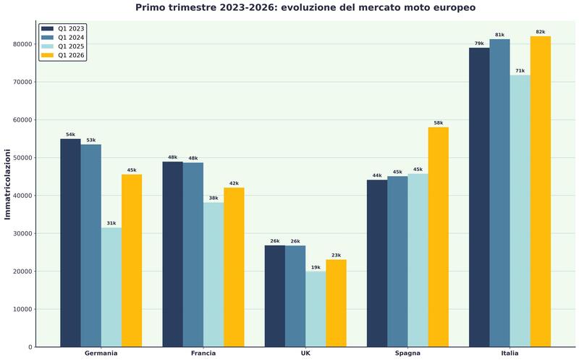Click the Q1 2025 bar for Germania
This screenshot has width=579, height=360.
click(111, 287)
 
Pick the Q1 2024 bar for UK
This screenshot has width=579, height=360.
click(295, 296)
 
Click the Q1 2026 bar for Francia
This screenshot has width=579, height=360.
click(234, 267)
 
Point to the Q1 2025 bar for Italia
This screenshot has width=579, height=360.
click(520, 211)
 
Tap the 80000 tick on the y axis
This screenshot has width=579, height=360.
click(20, 44)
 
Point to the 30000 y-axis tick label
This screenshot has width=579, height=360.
click(20, 234)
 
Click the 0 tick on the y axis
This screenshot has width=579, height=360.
click(29, 348)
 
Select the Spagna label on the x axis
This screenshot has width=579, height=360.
click(407, 353)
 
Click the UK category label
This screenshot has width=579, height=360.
click(305, 353)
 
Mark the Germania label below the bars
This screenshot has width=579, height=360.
click(101, 353)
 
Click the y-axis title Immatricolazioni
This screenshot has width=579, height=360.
click(8, 184)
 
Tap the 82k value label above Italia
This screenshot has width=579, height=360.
click(540, 32)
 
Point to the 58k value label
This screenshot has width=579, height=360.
click(438, 123)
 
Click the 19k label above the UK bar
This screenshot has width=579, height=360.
click(316, 267)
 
